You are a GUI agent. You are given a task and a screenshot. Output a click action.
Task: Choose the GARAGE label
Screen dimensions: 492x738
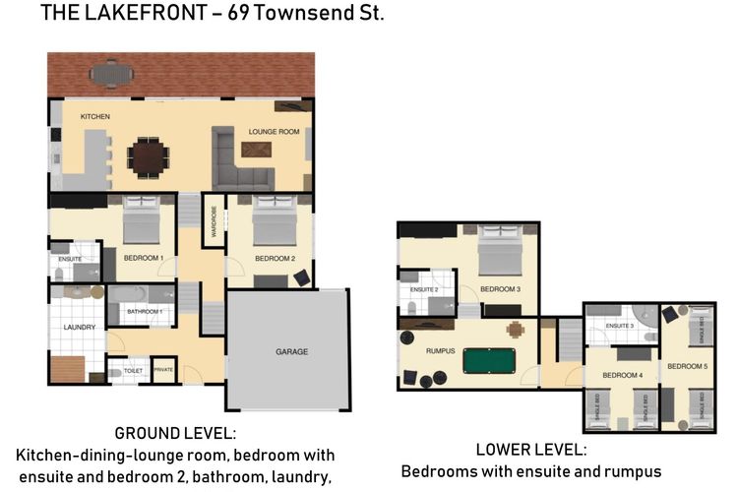point(291,351)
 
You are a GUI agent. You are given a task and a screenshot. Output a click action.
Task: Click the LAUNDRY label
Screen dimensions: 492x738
point(78,327)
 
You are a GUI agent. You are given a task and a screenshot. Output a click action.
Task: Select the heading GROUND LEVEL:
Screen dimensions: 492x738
point(176,433)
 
